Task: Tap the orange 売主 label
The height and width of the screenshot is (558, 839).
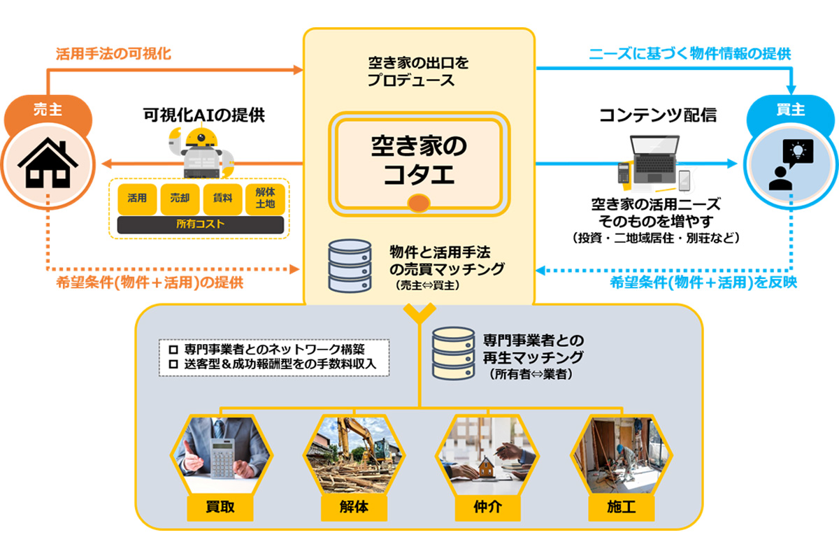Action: coord(47,110)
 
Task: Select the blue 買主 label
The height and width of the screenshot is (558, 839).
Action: coord(791,110)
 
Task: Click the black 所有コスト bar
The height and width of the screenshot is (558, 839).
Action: coord(201,224)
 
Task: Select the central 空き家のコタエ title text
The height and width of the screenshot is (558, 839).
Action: coord(419,160)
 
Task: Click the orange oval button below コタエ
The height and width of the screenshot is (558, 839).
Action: coord(418,203)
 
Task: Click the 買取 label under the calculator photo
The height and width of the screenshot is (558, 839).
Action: coord(220,507)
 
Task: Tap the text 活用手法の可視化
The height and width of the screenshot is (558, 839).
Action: coord(113,53)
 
